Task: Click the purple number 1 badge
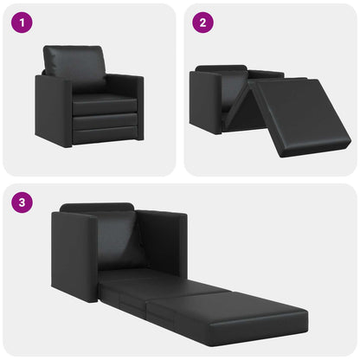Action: point(22,22)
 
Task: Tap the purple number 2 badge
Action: point(202,22)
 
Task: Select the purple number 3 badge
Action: point(22,203)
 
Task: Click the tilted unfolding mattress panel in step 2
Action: point(294,112)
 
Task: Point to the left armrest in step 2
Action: point(205,102)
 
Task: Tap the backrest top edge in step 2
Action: point(222,67)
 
